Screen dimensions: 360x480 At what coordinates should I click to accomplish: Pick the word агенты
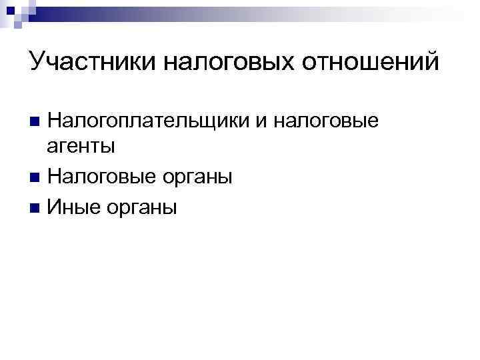click(82, 146)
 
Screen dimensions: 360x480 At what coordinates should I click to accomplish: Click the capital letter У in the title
click(37, 63)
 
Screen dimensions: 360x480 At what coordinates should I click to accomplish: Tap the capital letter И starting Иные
click(55, 207)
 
